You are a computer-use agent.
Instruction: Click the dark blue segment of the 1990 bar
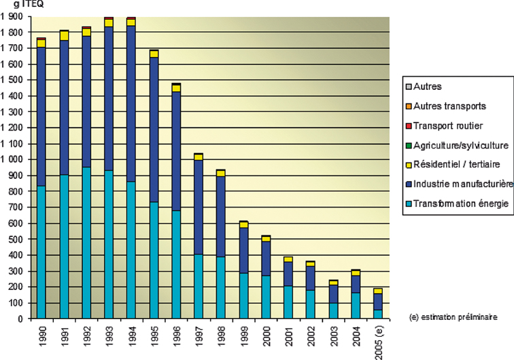41,116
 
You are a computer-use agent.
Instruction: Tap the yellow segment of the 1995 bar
154,54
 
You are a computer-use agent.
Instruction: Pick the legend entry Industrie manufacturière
461,183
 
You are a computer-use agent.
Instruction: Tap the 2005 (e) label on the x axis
379,340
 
